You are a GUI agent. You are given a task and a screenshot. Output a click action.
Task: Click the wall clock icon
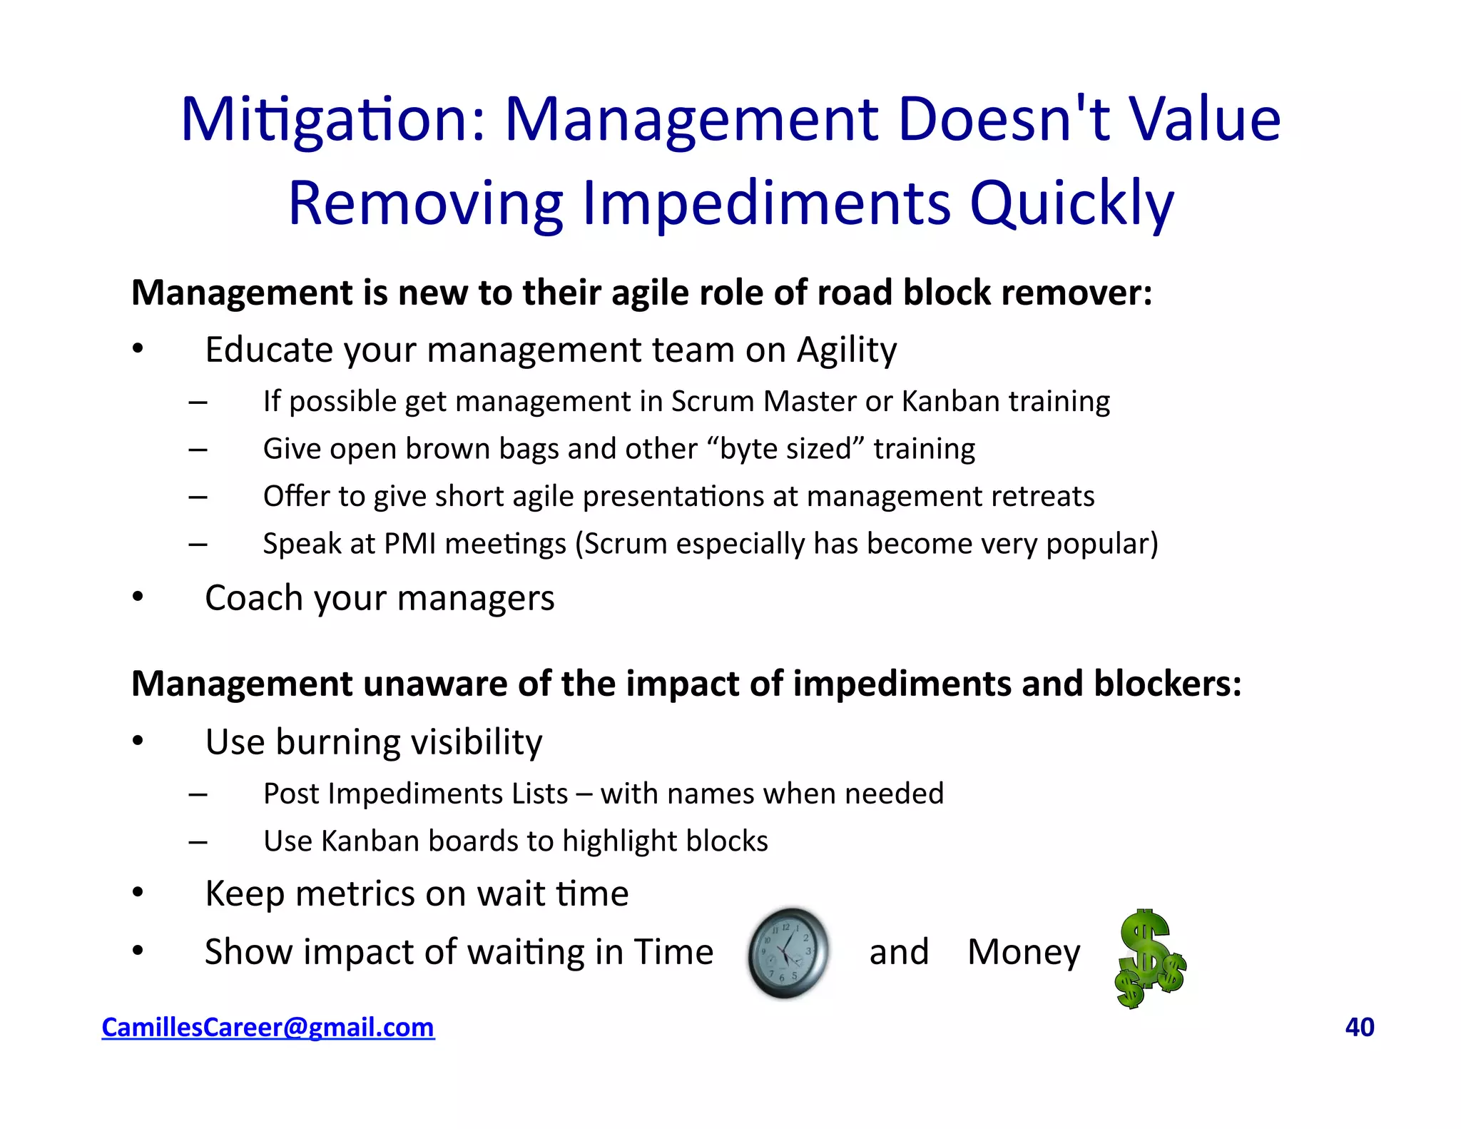click(788, 953)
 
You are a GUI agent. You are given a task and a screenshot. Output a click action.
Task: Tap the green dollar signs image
click(1149, 958)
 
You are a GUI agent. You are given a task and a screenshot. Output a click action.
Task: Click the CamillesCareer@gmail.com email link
click(268, 1027)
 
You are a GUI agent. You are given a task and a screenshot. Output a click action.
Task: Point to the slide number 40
click(1359, 1027)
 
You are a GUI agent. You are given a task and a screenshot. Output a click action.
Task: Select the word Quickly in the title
click(1071, 203)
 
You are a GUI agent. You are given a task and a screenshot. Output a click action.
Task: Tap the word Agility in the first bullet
click(847, 350)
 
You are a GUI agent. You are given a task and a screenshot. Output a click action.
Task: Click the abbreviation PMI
click(409, 544)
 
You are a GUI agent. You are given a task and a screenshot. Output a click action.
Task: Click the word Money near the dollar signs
click(1024, 952)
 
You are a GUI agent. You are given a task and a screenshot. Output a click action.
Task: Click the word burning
click(339, 742)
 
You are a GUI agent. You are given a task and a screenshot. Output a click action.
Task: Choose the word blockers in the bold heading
click(1167, 684)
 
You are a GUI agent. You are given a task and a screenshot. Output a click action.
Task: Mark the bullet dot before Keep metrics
click(138, 893)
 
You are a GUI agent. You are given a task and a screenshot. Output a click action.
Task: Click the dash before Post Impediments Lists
click(198, 794)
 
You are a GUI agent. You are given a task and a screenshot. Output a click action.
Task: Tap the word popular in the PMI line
click(1101, 544)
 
